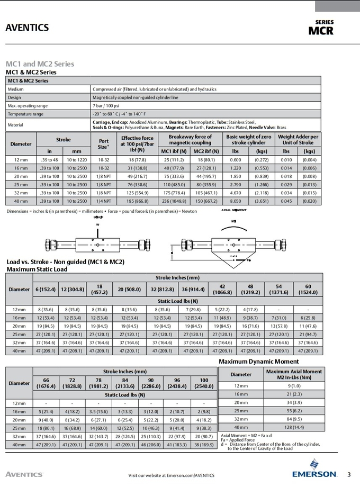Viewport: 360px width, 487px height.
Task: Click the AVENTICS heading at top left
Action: coord(27,28)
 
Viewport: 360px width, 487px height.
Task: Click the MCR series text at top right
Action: coord(321,30)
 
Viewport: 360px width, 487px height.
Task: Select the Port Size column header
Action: coord(103,143)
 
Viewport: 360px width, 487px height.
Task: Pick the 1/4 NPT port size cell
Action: coord(103,201)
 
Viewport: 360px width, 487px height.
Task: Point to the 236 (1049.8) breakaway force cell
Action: coord(174,201)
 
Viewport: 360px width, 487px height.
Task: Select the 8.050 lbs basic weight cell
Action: coord(235,201)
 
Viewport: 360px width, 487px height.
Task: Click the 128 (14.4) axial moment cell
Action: coord(293,427)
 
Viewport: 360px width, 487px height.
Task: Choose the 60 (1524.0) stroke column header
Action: coord(308,289)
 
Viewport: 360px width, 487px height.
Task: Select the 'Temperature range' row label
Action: coord(25,114)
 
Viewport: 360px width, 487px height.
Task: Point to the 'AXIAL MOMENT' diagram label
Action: coord(233,211)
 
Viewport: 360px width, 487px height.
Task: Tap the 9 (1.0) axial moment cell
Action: coord(293,385)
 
